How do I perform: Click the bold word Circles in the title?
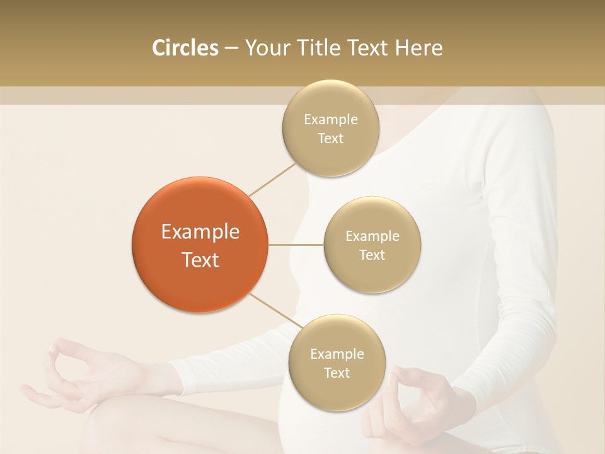pos(185,48)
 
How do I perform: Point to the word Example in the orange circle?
pos(200,232)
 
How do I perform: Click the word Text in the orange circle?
pos(200,260)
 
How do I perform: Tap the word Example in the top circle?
pos(330,120)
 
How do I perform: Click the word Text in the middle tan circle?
pos(372,255)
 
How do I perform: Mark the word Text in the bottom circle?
pos(337,373)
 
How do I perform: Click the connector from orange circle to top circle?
pos(272,179)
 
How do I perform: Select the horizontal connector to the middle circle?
pos(296,244)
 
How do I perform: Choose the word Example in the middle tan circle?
pos(372,236)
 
